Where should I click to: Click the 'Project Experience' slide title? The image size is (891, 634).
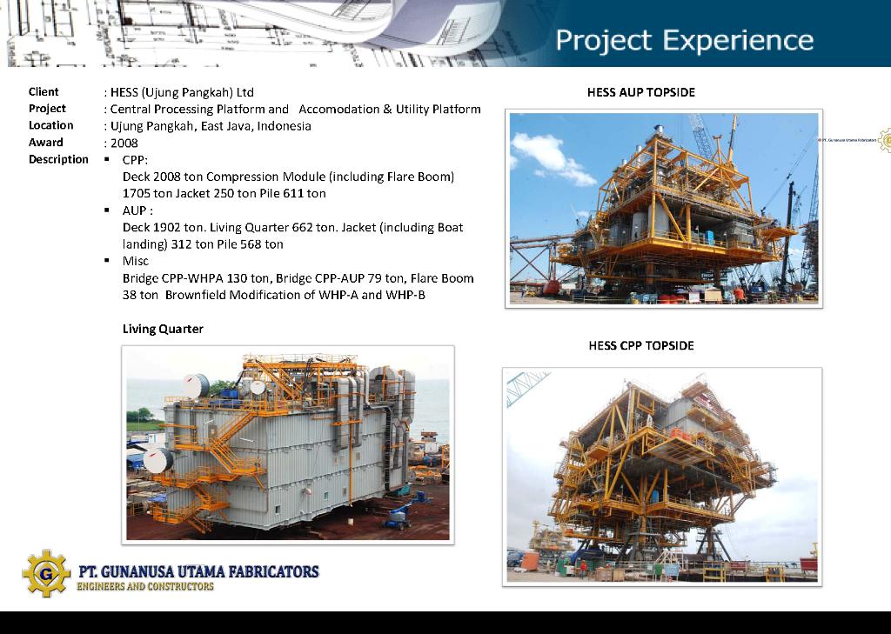684,41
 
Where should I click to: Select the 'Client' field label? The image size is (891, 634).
44,92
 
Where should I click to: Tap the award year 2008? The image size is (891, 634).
124,143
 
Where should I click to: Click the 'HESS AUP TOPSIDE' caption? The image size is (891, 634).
641,92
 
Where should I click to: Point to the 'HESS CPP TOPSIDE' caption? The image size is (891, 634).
641,345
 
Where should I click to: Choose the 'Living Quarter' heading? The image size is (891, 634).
163,329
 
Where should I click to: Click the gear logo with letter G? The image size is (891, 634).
46,573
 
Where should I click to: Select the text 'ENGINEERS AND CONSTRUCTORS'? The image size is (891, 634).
145,586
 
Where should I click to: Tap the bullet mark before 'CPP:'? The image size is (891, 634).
107,160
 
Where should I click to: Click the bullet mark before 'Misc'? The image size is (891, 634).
107,261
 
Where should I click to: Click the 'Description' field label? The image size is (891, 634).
58,160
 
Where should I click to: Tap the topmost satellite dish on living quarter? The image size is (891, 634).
196,386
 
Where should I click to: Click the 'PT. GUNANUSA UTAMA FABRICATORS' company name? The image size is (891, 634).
198,571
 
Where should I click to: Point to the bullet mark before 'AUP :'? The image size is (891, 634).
107,210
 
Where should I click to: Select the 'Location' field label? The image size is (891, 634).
51,125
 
